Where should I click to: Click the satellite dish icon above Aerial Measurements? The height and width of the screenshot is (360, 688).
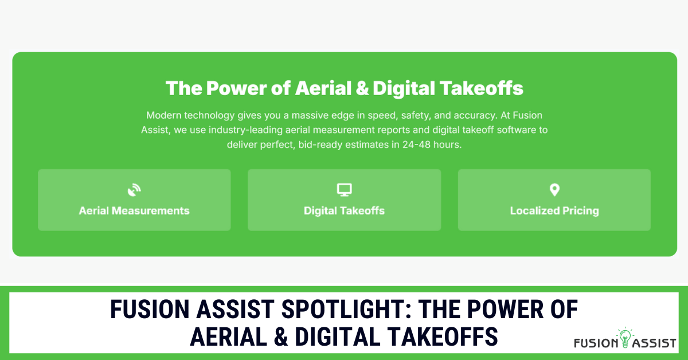pyautogui.click(x=134, y=190)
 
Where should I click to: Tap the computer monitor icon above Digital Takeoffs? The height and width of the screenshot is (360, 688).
pyautogui.click(x=344, y=190)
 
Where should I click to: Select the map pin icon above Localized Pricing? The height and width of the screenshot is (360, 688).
pyautogui.click(x=554, y=190)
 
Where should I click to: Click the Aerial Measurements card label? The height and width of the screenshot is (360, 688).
pyautogui.click(x=134, y=210)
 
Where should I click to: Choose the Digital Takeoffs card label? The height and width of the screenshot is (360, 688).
pyautogui.click(x=344, y=210)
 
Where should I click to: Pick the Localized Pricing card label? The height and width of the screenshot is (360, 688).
pyautogui.click(x=554, y=210)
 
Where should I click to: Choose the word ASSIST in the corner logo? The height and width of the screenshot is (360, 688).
pyautogui.click(x=654, y=343)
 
